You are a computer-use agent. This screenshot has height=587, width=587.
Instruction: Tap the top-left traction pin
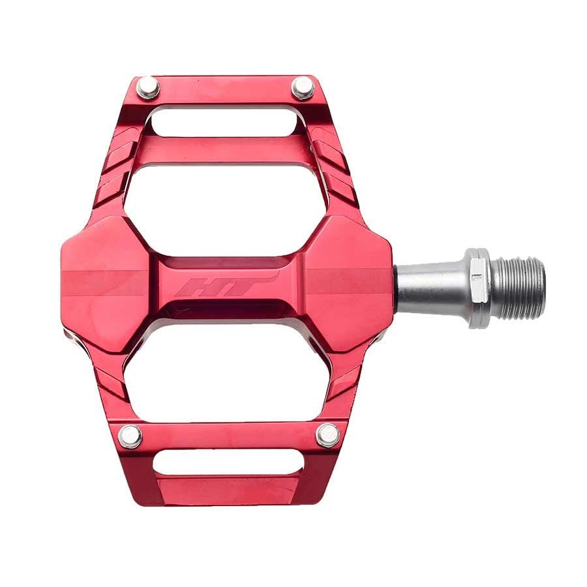point(148,87)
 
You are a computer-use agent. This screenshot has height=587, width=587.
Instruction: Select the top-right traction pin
point(303,87)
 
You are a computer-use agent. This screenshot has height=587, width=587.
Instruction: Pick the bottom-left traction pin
point(130,436)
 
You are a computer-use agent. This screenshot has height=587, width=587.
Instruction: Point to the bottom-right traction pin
point(327,435)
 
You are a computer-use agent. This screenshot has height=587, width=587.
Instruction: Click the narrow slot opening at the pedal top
point(226,121)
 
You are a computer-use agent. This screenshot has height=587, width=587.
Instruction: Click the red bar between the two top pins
point(225,88)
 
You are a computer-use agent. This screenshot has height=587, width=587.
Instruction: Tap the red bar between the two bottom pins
point(228,436)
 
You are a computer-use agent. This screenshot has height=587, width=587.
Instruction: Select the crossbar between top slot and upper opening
point(225,149)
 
